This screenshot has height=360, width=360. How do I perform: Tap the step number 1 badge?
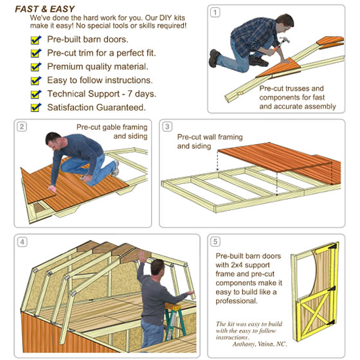tap(215, 12)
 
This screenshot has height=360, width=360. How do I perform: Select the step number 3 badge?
tap(167, 127)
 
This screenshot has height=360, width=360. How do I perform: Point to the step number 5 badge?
tap(215, 242)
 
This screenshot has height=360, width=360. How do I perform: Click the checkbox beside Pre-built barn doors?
tap(36, 40)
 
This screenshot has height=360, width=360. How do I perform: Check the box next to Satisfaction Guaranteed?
tap(36, 108)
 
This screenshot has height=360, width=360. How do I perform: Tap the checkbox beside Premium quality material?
tap(36, 67)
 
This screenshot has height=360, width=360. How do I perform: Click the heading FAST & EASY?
tap(45, 9)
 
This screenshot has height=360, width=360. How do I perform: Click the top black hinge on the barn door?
tap(333, 247)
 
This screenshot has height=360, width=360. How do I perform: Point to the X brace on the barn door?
tap(315, 312)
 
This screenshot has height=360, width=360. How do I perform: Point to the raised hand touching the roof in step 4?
tap(142, 256)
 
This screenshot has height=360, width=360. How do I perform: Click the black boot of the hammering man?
tap(213, 58)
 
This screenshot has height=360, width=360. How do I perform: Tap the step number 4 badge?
tap(22, 242)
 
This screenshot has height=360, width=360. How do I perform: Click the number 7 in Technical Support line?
tap(130, 94)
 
